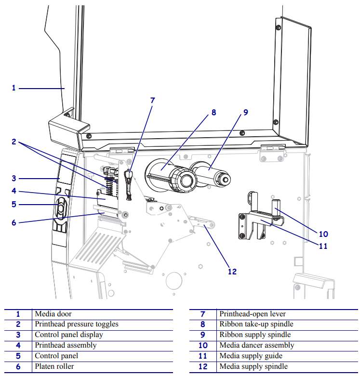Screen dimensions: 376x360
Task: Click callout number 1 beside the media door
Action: [x=14, y=88]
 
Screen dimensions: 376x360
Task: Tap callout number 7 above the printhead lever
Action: [x=153, y=101]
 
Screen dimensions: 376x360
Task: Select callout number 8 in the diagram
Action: [x=213, y=113]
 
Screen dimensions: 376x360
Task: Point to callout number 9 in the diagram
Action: [x=245, y=112]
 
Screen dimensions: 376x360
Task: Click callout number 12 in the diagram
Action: [x=232, y=271]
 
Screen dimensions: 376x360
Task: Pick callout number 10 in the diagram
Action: [x=323, y=234]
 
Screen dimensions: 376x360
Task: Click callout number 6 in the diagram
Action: [x=14, y=222]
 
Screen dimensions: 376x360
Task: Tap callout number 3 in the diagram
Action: [x=14, y=178]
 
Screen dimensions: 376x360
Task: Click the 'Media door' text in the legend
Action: [x=53, y=314]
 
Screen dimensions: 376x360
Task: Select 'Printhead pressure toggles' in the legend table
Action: [x=76, y=324]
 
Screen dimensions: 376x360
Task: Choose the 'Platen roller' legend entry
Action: [x=54, y=367]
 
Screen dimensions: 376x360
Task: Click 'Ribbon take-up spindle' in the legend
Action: [x=256, y=324]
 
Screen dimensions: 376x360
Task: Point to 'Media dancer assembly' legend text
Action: [x=256, y=346]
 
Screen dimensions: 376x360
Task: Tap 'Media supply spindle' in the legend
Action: [x=253, y=367]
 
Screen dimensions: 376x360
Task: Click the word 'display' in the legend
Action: [x=92, y=335]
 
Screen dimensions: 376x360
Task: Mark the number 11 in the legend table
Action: [x=203, y=356]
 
